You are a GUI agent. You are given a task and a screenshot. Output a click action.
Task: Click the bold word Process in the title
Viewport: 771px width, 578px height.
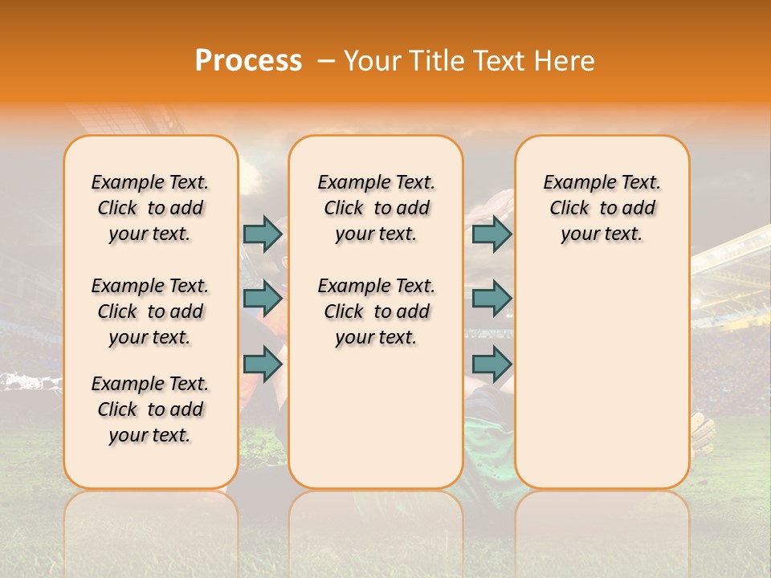coord(248,61)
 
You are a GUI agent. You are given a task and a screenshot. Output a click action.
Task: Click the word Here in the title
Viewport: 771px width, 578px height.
coord(564,61)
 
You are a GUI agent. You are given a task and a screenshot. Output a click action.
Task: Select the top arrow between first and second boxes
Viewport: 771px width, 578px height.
coord(263,234)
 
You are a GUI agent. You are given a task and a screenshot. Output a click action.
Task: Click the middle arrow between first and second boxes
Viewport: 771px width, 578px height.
coord(263,299)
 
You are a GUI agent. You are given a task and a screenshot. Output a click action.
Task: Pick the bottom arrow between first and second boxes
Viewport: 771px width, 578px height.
coord(263,364)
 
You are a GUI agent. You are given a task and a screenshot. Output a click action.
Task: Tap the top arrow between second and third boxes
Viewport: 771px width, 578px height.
coord(492,234)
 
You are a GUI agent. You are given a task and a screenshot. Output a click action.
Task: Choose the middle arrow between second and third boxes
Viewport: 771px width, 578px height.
coord(492,299)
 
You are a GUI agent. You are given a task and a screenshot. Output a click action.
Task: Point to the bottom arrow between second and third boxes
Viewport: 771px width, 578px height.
coord(492,364)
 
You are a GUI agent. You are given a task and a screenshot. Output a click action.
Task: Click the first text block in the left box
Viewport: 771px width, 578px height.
coord(150,208)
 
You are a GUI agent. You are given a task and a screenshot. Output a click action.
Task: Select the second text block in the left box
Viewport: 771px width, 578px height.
coord(150,311)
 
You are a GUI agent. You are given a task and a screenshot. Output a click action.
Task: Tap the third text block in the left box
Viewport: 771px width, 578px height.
coord(150,409)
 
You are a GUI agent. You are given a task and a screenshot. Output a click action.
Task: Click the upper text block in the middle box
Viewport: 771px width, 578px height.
coord(376,208)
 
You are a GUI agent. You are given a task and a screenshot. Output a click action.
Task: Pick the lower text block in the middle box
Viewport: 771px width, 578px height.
coord(376,311)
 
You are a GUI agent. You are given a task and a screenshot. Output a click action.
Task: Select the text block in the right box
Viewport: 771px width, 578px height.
coord(602,208)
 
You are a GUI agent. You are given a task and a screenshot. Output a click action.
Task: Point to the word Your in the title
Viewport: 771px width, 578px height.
coord(370,61)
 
